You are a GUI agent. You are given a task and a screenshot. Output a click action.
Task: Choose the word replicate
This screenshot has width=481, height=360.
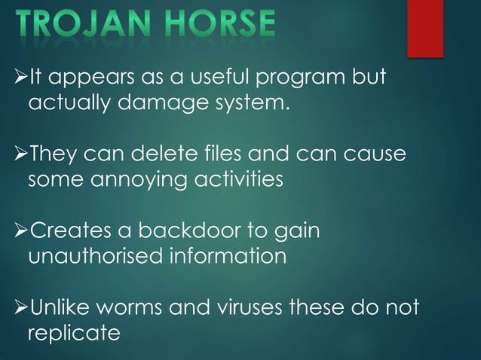[74, 333]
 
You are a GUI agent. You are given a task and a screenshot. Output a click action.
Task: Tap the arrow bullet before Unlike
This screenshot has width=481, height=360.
[18, 310]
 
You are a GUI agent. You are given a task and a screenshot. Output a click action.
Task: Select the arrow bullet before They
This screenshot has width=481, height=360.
[18, 155]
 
